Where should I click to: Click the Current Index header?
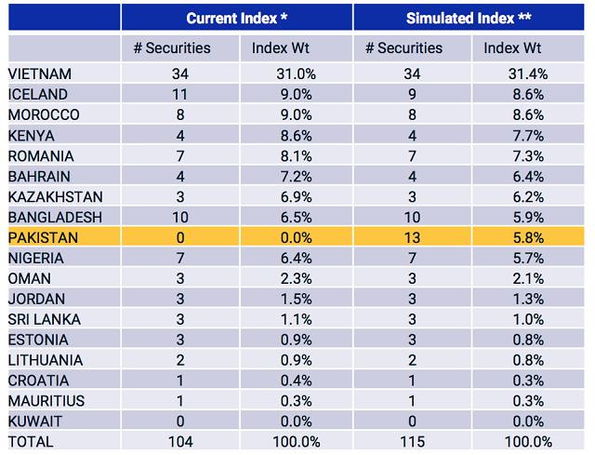(x=236, y=18)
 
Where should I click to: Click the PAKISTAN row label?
(x=43, y=237)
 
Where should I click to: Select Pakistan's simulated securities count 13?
(x=413, y=237)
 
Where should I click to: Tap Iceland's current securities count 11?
(x=180, y=95)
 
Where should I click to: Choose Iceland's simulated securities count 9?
(x=413, y=95)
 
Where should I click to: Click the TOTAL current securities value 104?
(x=180, y=441)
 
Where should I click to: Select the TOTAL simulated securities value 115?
(x=413, y=441)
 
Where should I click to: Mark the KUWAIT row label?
(x=35, y=421)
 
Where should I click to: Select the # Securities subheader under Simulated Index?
(x=413, y=48)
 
